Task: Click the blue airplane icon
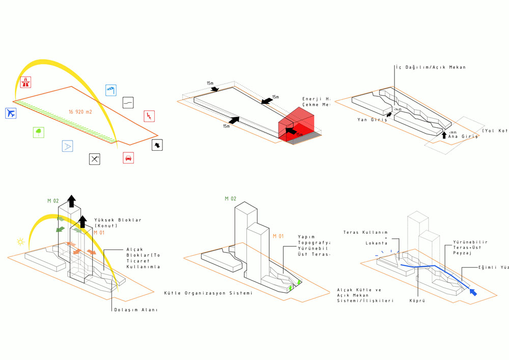(x=10, y=113)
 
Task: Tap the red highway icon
(x=25, y=81)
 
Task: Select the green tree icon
(x=38, y=132)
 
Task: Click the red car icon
(x=128, y=158)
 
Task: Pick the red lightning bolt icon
(x=149, y=116)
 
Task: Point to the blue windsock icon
(x=111, y=90)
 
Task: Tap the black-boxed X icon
(x=95, y=159)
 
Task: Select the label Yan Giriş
(x=373, y=120)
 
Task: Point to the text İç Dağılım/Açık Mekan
(x=431, y=67)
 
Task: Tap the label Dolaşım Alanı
(x=135, y=310)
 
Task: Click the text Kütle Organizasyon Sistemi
(x=208, y=293)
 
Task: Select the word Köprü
(x=417, y=301)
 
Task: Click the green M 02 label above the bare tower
(x=231, y=199)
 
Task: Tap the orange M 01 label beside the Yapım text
(x=277, y=236)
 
